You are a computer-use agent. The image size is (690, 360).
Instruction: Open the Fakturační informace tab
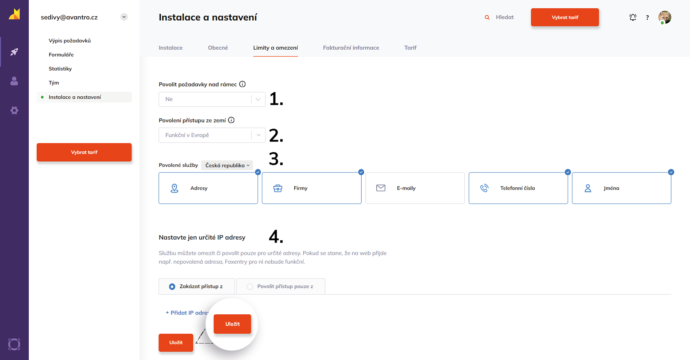click(x=351, y=48)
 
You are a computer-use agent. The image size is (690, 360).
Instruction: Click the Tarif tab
click(x=410, y=48)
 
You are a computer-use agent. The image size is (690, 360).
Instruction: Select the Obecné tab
click(x=218, y=48)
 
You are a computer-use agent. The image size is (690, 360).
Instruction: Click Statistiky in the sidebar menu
click(x=60, y=69)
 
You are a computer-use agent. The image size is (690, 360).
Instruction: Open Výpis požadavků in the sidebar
click(x=70, y=41)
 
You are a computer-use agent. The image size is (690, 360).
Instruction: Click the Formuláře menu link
click(x=61, y=55)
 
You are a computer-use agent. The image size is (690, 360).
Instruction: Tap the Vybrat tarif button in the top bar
click(x=565, y=17)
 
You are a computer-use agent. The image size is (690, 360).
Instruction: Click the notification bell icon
click(x=633, y=17)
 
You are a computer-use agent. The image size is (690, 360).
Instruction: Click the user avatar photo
click(x=665, y=17)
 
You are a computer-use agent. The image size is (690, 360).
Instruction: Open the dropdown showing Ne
click(x=212, y=99)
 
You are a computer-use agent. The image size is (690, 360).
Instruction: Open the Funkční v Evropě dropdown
click(x=212, y=135)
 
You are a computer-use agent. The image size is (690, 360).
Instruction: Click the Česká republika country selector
click(x=227, y=165)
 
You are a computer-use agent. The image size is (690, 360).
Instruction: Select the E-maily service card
click(x=415, y=188)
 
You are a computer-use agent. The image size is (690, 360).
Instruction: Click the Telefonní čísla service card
click(x=518, y=188)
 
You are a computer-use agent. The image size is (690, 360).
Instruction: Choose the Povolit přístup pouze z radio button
click(x=250, y=287)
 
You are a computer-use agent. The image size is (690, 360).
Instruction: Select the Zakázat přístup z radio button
click(x=172, y=287)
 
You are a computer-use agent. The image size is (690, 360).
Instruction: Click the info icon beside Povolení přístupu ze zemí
click(x=231, y=120)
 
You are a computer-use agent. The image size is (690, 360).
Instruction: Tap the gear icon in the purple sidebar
click(x=14, y=110)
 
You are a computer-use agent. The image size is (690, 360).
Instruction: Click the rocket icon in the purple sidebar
click(x=14, y=52)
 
